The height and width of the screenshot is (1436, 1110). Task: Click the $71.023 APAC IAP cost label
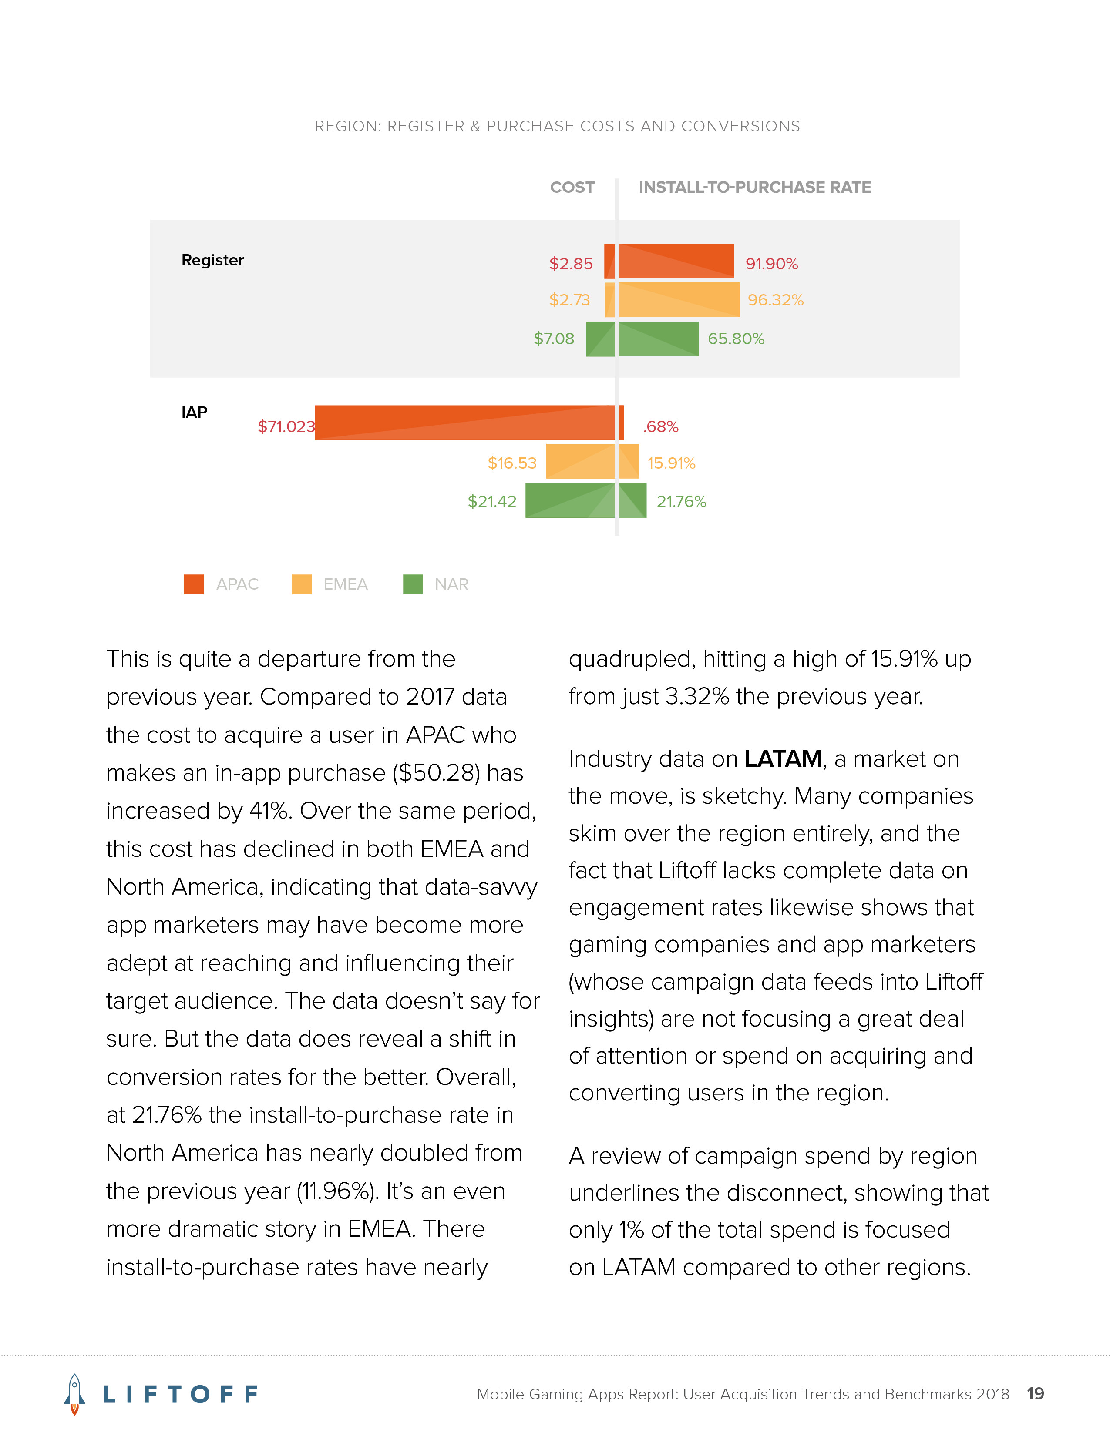click(x=286, y=427)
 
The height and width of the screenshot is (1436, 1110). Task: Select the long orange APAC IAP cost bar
click(x=464, y=423)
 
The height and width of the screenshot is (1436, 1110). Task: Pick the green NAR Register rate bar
click(x=658, y=339)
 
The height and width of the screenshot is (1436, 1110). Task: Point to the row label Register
click(x=212, y=260)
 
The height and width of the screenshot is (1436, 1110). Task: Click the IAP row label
click(x=194, y=412)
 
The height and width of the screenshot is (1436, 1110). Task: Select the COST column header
click(x=572, y=188)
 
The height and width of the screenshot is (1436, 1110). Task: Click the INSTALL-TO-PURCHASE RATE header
click(x=754, y=188)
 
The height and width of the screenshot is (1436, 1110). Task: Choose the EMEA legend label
click(x=345, y=584)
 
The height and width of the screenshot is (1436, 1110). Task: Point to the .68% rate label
click(x=661, y=427)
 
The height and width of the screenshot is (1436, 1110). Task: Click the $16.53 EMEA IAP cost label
click(x=511, y=463)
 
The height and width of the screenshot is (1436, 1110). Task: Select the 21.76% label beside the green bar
click(x=681, y=502)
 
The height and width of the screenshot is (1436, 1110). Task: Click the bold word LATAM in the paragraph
click(x=783, y=759)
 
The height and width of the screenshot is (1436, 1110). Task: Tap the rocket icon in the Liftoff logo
click(x=74, y=1394)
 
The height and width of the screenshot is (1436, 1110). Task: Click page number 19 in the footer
click(x=1035, y=1394)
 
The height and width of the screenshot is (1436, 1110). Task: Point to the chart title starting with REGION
click(x=557, y=126)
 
